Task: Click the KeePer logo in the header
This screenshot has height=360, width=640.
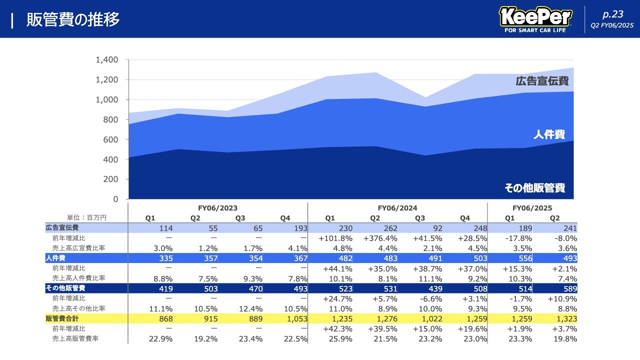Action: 535,19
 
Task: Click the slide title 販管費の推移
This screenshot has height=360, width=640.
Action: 73,19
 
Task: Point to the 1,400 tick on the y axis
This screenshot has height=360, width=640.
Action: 106,60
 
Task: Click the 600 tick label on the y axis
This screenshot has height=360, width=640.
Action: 111,139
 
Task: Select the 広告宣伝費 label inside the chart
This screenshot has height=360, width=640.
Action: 542,81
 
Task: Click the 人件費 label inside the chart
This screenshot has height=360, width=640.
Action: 549,134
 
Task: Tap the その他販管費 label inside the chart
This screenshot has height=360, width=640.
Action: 535,188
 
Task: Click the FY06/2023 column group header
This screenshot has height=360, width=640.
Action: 217,208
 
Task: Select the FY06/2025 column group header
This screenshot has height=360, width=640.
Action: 532,208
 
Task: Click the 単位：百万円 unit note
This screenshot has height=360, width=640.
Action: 87,217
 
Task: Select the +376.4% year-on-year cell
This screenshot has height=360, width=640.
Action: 380,238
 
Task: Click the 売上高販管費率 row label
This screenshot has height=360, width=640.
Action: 75,338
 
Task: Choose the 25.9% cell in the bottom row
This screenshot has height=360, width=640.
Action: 340,339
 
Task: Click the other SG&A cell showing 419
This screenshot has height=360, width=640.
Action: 165,289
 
